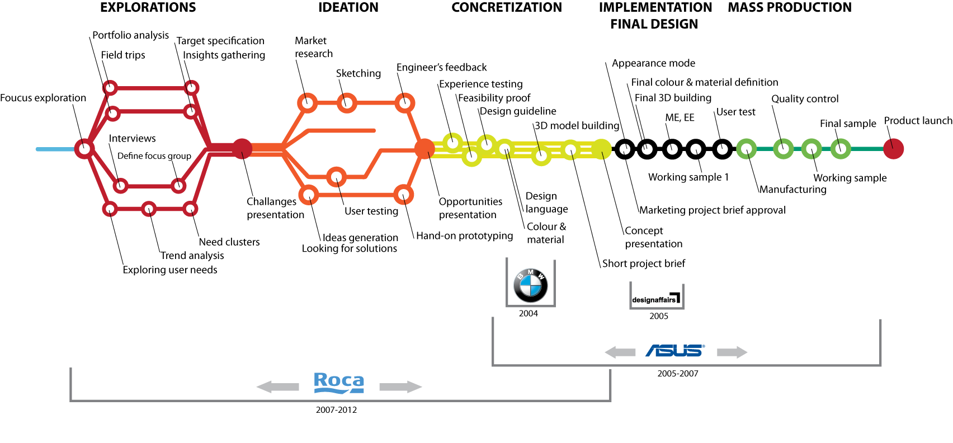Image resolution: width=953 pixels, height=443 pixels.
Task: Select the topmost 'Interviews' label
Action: pos(132,138)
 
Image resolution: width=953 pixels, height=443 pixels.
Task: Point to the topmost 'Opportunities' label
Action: pos(470,201)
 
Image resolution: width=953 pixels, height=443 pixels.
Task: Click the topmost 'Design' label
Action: pos(541,197)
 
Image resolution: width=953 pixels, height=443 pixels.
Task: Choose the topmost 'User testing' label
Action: pos(371,212)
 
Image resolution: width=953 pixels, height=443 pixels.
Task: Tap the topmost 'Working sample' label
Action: pos(851,179)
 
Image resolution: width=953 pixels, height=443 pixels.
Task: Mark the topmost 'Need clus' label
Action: pos(221,243)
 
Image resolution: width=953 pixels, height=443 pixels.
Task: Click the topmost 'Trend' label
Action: pos(173,256)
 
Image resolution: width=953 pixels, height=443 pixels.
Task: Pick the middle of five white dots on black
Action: pos(672,149)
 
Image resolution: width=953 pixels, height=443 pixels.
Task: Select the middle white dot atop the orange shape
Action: pos(347,103)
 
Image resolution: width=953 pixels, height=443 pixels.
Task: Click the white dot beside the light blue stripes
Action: pos(84,149)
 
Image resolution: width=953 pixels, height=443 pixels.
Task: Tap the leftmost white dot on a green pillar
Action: pos(746,149)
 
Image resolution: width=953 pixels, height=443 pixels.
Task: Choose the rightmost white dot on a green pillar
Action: pos(841,148)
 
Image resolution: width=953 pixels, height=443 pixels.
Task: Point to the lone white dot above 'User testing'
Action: pos(336,177)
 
